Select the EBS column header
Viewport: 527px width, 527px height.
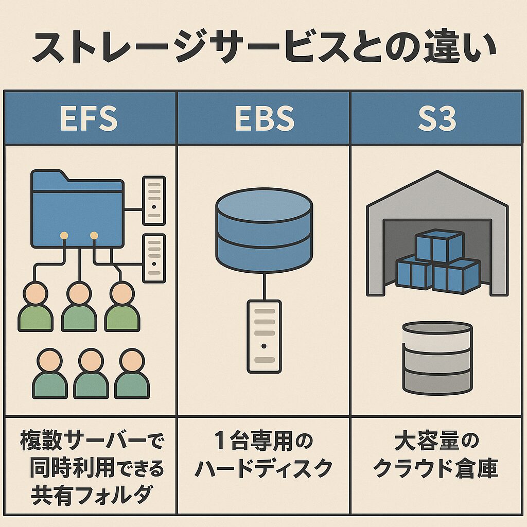coord(263,118)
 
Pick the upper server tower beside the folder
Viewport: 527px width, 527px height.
coord(154,200)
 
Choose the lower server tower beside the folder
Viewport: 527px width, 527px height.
coord(154,257)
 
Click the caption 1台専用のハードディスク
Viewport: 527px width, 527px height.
coord(263,455)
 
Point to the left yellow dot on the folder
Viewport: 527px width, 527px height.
coord(64,235)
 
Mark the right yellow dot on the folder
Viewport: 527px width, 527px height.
coord(94,235)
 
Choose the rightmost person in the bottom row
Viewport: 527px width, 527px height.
coord(132,374)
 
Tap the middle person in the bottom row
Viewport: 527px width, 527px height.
coord(91,374)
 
